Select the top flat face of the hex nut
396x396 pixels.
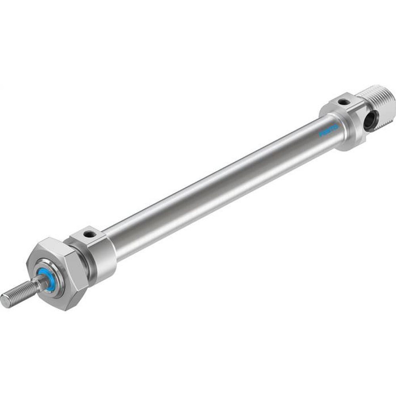click(x=49, y=247)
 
